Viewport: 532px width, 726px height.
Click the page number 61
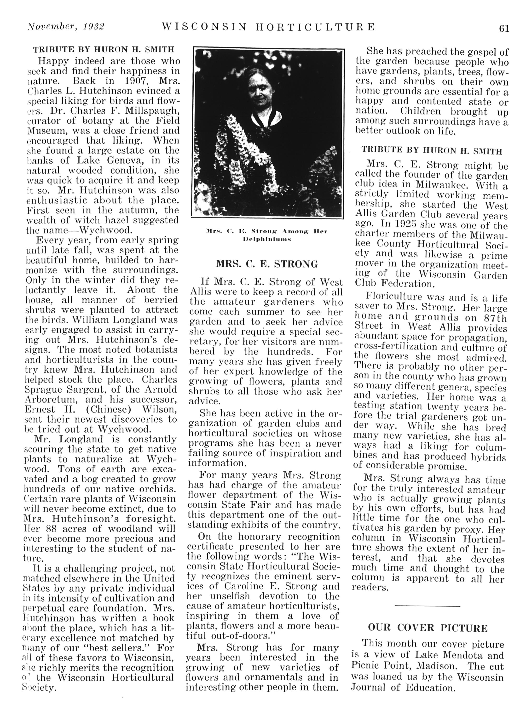(504, 29)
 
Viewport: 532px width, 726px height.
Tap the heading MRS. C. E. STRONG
(267, 264)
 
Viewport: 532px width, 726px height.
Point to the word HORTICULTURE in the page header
(315, 27)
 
